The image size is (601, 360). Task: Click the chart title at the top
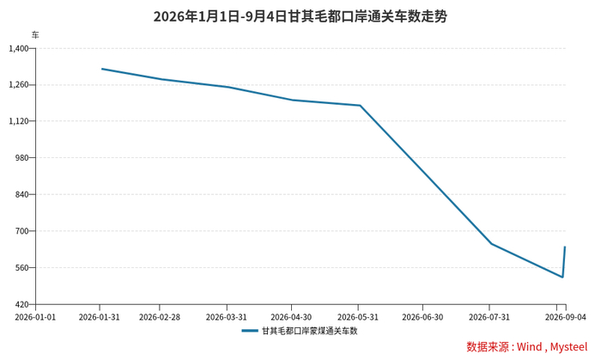click(300, 16)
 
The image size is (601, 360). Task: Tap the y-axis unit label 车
click(35, 35)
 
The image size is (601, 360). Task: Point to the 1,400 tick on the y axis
click(19, 48)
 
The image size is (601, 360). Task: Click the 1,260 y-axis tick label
click(19, 85)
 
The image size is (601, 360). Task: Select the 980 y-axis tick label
click(22, 157)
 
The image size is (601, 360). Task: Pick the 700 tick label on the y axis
click(22, 231)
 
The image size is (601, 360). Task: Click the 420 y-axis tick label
click(22, 304)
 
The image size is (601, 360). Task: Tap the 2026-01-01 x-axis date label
click(35, 317)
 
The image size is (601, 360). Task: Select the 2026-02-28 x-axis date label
click(160, 317)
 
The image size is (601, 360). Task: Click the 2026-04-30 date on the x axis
click(291, 317)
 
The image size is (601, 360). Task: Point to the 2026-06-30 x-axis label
click(422, 317)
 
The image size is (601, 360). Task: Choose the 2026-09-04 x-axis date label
click(566, 317)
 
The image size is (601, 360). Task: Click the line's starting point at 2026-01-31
click(102, 69)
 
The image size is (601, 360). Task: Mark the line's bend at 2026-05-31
click(361, 106)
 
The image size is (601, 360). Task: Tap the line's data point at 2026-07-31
click(491, 244)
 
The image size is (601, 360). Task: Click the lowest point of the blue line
click(562, 277)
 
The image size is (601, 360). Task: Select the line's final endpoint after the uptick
click(565, 247)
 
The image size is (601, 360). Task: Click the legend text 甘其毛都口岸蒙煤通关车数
click(310, 331)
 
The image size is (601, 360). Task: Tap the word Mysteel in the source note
click(568, 347)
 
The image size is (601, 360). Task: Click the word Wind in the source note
click(530, 346)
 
